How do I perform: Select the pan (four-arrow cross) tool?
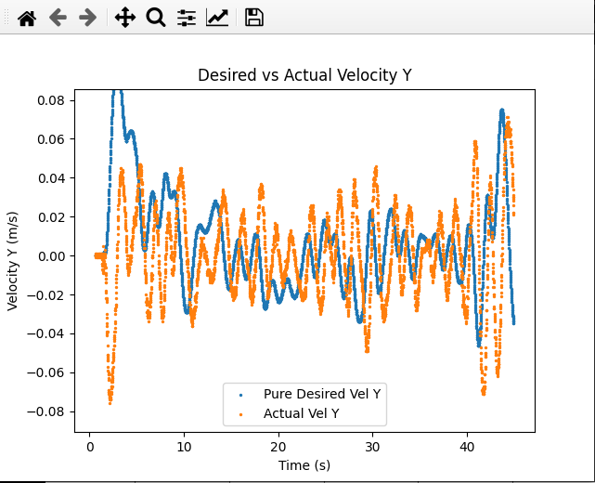point(125,18)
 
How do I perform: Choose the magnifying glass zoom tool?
point(156,18)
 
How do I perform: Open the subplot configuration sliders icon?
point(187,18)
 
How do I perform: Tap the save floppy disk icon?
point(253,18)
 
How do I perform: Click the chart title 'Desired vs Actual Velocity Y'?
point(304,75)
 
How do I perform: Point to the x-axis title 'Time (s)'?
point(304,464)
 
